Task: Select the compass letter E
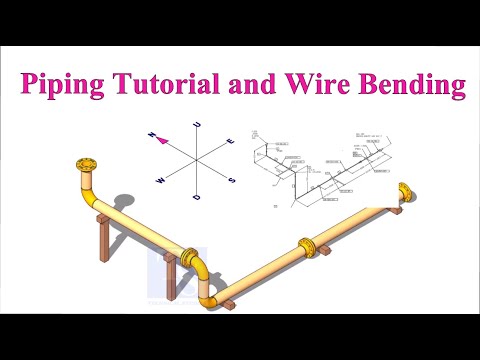click(231, 142)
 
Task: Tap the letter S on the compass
click(233, 181)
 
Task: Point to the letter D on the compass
click(197, 198)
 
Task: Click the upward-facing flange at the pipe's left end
click(88, 164)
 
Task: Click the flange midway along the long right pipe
click(305, 246)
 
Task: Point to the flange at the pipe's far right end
click(404, 192)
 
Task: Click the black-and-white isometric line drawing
click(330, 165)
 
